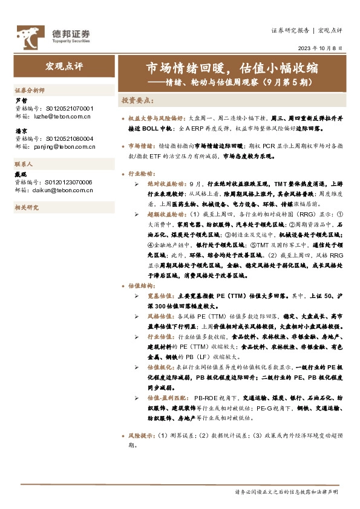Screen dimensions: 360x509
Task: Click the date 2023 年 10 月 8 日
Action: coord(320,48)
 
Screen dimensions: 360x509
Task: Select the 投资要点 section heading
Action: coord(138,100)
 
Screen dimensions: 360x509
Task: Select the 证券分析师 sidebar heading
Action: coord(30,90)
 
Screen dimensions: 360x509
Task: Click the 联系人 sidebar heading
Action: coord(24,164)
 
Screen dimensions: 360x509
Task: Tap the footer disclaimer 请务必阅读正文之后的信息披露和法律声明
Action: coord(286,493)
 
